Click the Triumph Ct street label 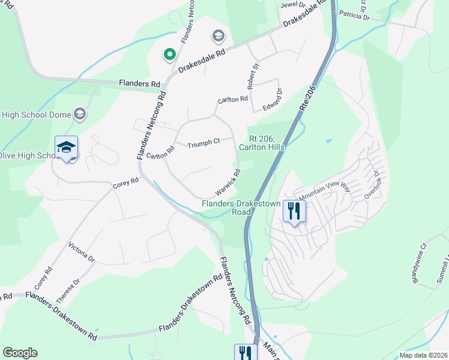click(204, 144)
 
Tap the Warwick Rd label click(229, 182)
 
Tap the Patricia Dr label click(354, 15)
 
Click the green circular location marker click(170, 55)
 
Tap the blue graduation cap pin click(66, 148)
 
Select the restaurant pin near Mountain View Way click(294, 211)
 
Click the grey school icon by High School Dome click(80, 114)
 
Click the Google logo click(20, 353)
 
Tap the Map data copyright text click(423, 355)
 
